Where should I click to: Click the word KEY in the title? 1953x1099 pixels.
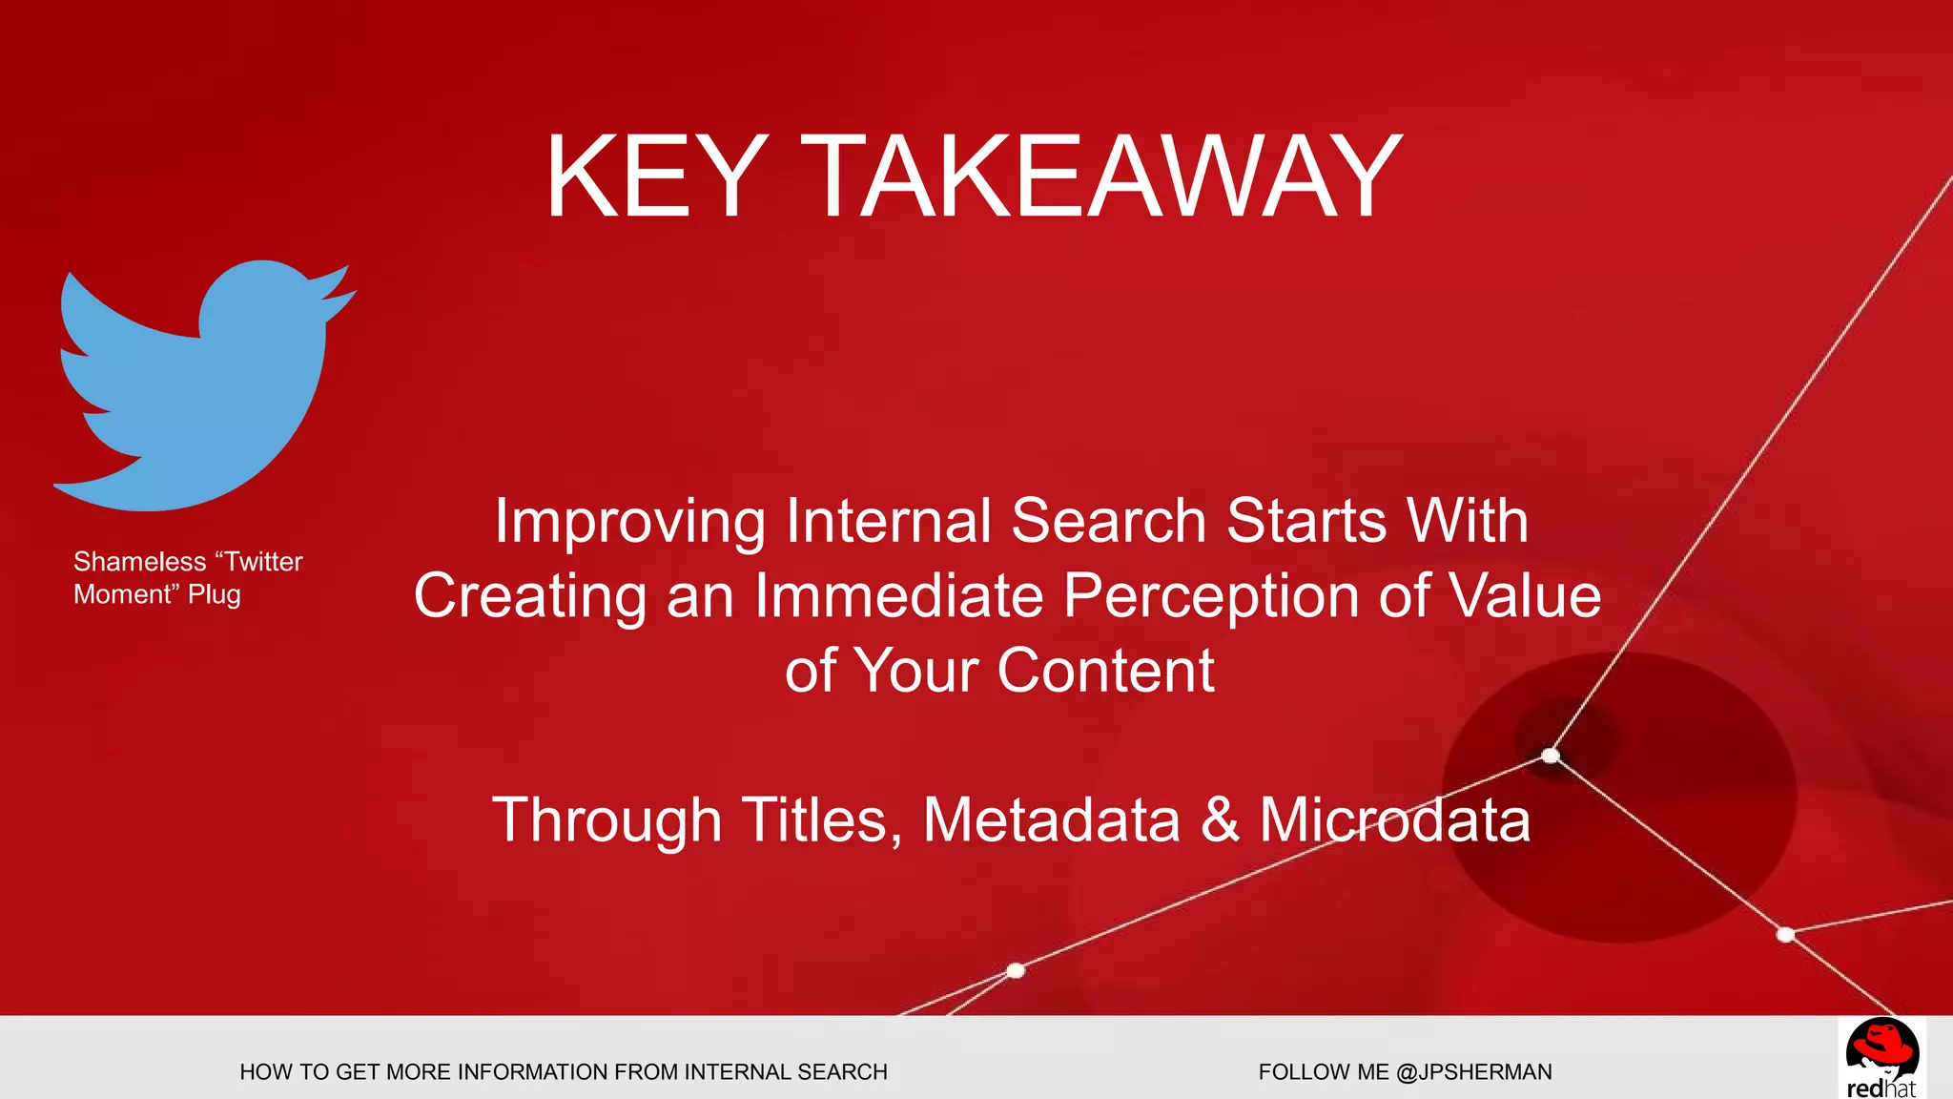click(656, 177)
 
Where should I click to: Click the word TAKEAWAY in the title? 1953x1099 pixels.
click(1100, 177)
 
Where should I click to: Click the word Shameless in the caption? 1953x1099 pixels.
click(140, 561)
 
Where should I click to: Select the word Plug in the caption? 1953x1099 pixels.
click(215, 594)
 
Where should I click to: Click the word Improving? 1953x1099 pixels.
click(629, 522)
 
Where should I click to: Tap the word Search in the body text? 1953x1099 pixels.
click(1108, 522)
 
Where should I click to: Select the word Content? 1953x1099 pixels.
click(1105, 671)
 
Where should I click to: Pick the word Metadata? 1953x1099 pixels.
click(1051, 819)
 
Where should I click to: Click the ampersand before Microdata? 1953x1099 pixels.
click(1220, 819)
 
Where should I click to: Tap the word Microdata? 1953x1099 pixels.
click(1394, 819)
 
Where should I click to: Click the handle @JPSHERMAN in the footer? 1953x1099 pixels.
click(1473, 1072)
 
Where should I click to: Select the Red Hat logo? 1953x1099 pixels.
click(1881, 1057)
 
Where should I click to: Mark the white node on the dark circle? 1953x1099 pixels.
click(1551, 756)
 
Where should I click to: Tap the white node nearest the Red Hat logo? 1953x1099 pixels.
click(1785, 934)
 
